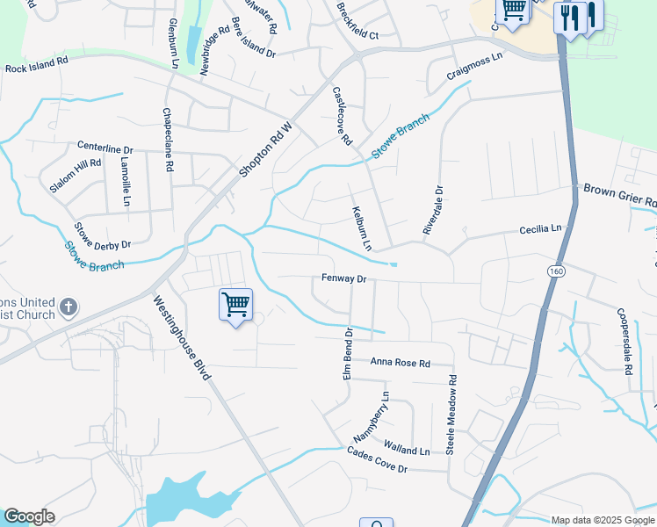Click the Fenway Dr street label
pyautogui.click(x=343, y=279)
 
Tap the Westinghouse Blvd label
pyautogui.click(x=183, y=336)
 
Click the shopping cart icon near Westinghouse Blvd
pyautogui.click(x=235, y=305)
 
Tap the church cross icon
pyautogui.click(x=69, y=308)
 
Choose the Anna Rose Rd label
pyautogui.click(x=400, y=362)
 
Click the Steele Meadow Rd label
pyautogui.click(x=452, y=416)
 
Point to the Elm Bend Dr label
pyautogui.click(x=348, y=355)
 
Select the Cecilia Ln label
pyautogui.click(x=539, y=228)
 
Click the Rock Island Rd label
pyautogui.click(x=36, y=66)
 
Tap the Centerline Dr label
pyautogui.click(x=105, y=148)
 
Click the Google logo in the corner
pyautogui.click(x=29, y=516)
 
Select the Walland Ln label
pyautogui.click(x=407, y=450)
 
